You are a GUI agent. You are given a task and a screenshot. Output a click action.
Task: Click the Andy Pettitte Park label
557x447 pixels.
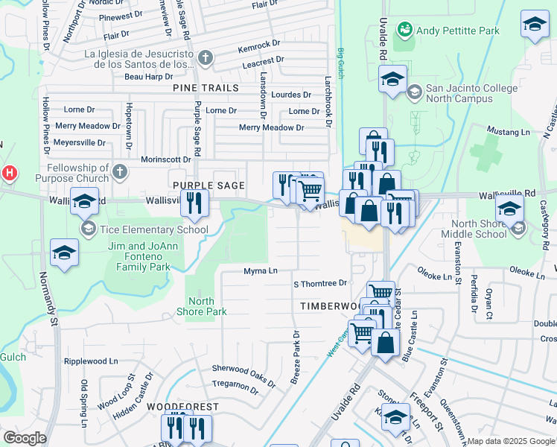457,31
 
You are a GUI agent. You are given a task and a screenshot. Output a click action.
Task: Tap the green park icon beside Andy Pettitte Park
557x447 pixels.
405,30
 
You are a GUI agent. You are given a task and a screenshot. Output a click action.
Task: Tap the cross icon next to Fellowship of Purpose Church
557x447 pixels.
118,174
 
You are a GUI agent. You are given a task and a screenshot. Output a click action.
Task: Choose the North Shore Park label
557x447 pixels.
200,307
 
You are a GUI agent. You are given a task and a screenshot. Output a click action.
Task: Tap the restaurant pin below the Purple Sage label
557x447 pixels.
194,203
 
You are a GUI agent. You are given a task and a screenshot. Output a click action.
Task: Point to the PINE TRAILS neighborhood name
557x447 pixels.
206,88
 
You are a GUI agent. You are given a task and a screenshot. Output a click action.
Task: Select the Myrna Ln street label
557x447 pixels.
261,270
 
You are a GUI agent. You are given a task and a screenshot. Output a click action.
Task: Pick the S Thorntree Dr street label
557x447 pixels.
320,283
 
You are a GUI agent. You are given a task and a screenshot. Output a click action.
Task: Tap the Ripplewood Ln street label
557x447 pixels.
91,361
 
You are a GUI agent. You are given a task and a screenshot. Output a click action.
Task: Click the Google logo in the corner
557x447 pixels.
25,437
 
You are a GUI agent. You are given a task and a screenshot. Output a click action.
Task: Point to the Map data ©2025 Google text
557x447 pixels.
511,441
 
